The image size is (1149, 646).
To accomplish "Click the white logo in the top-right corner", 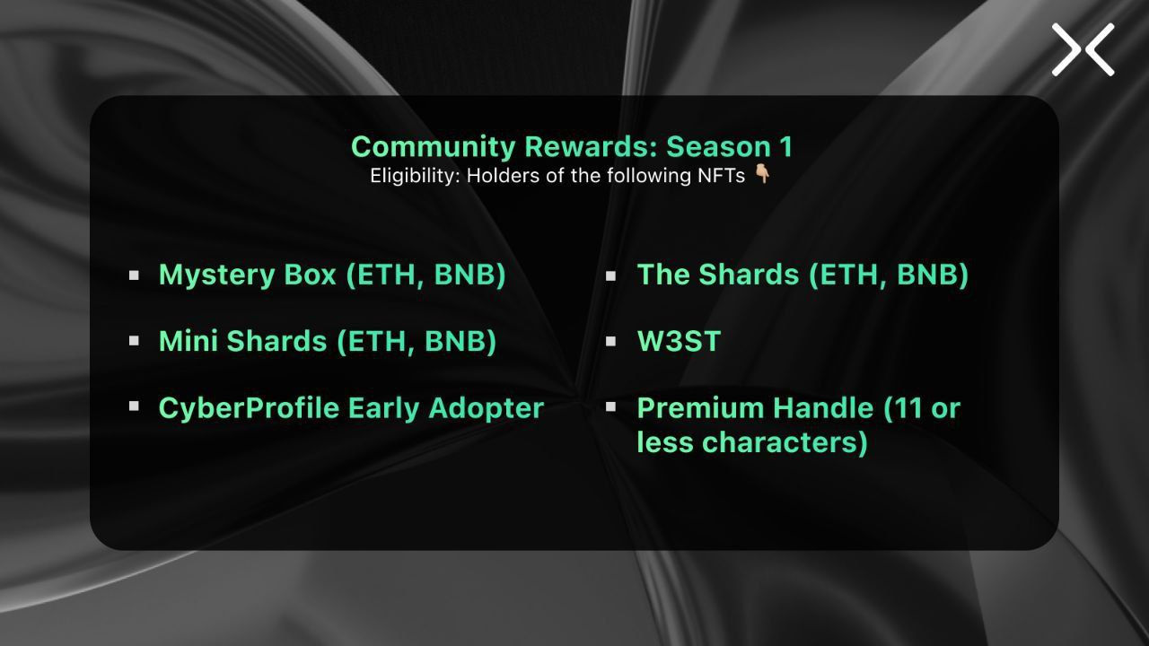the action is coord(1083,49).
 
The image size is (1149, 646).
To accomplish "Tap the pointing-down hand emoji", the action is coord(762,174).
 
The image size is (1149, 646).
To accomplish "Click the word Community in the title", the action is coord(433,147).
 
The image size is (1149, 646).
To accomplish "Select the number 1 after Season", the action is coord(786,146).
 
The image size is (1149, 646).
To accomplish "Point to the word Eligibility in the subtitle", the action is coord(415,176).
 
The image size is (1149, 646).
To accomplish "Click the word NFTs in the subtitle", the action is coord(721,176).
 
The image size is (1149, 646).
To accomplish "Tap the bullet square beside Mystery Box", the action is coord(134,275).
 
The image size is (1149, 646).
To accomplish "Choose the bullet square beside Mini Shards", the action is coord(134,341).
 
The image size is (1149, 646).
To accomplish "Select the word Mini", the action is coord(189,341).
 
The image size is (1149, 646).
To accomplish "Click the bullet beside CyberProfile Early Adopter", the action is coord(134,406).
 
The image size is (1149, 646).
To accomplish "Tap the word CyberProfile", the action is coord(250,408).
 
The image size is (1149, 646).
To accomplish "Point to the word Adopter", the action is coord(486,408).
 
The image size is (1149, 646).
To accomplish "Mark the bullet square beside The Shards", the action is coord(610,275).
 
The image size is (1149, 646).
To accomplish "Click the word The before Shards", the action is coord(663,275).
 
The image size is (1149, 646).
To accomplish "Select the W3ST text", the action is coord(679,341).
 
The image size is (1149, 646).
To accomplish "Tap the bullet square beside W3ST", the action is coord(610,341).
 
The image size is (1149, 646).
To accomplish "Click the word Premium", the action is coord(701,408).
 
